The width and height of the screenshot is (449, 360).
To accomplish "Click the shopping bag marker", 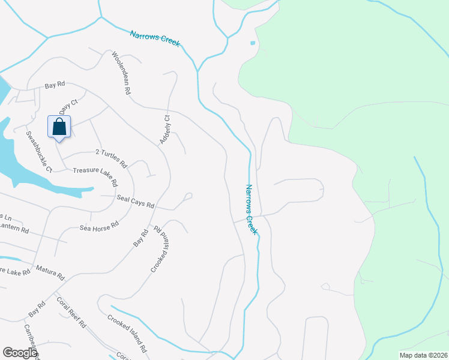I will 59,128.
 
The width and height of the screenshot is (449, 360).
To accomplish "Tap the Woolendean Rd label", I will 121,74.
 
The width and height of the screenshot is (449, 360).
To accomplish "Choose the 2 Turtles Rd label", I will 112,158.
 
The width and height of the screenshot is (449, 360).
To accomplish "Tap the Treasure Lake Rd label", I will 95,176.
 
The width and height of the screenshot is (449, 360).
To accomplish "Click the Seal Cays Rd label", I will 136,202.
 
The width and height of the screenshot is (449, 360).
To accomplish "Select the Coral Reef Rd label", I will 71,312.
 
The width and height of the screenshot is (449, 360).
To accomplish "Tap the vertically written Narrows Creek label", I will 252,209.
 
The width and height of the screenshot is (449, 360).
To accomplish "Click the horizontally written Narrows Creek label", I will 155,38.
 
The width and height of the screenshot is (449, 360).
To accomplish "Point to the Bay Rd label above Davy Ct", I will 55,86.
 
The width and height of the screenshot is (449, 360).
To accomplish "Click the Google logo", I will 20,353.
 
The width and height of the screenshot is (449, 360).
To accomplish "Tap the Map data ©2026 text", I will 423,355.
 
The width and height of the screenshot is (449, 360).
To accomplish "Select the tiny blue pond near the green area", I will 252,43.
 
